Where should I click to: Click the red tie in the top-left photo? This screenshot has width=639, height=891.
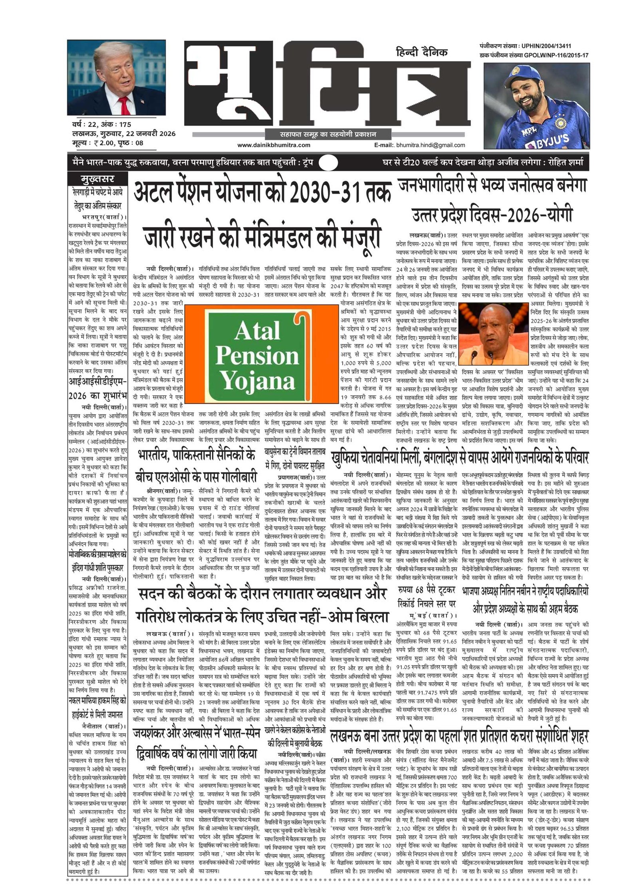click(124, 105)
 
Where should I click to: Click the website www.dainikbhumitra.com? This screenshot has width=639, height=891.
click(274, 145)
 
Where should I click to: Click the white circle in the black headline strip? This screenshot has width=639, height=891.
click(329, 163)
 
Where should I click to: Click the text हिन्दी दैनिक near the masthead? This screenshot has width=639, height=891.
click(422, 52)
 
